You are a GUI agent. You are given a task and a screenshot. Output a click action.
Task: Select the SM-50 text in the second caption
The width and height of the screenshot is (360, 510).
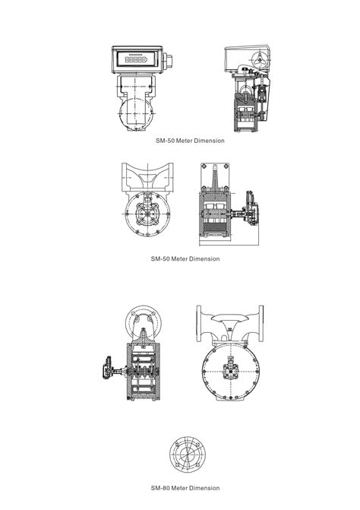coord(160,259)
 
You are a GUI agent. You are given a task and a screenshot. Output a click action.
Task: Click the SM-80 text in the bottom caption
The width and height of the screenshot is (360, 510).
coord(159,488)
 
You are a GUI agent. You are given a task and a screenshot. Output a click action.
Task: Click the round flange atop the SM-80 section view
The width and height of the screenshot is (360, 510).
coord(144,317)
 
